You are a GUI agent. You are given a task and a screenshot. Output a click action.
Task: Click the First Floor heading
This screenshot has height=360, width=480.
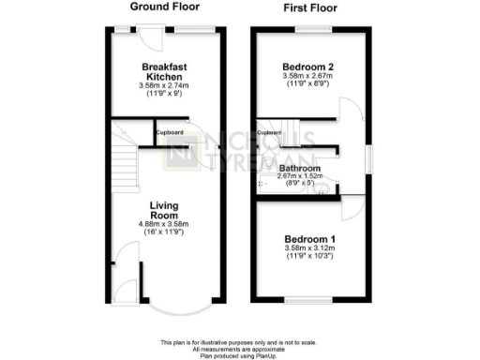coord(309,8)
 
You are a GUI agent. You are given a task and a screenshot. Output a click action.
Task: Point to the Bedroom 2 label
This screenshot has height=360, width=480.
coord(309,67)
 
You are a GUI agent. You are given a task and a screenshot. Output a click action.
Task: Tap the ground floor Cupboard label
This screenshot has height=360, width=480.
coord(170,132)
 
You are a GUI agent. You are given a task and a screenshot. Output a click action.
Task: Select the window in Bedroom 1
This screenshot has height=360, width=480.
coord(308,298)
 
